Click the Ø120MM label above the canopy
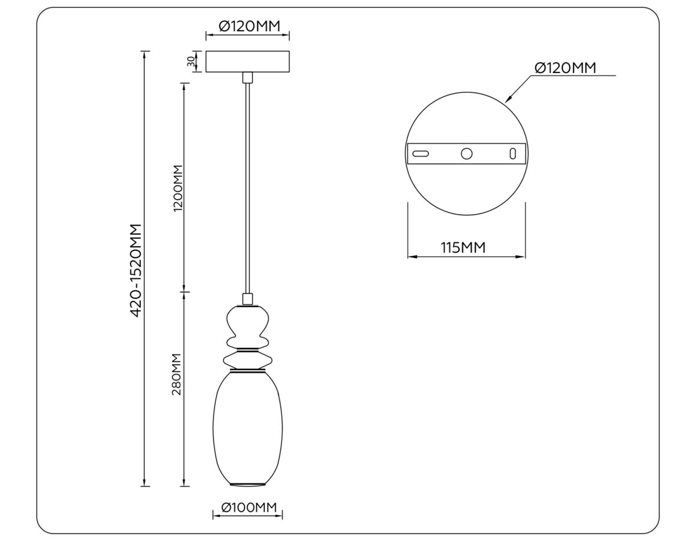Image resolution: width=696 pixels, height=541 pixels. [248, 26]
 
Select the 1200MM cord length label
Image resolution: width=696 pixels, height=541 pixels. [177, 189]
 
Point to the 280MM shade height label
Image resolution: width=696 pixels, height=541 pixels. [177, 374]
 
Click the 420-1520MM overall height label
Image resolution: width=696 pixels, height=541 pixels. [136, 270]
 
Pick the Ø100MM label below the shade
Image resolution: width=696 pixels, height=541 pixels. [248, 508]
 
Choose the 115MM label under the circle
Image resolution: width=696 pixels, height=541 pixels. [463, 248]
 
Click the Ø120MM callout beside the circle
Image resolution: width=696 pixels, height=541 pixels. [565, 68]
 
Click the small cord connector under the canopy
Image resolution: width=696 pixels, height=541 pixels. [248, 78]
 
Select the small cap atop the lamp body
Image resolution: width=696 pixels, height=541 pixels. [248, 299]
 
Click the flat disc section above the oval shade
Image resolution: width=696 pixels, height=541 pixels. [248, 360]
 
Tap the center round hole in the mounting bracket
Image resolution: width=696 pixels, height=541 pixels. [466, 154]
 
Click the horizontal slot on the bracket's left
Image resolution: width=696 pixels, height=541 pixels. [420, 154]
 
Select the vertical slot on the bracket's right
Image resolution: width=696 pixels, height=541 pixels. [512, 154]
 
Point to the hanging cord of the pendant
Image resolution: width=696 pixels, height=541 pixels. [248, 186]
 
